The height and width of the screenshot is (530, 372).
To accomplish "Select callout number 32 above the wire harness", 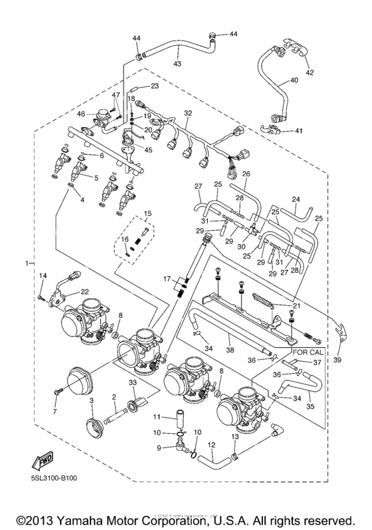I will click(x=188, y=114).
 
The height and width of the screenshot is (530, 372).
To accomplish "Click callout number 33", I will click(x=133, y=383).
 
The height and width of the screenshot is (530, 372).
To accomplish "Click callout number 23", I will click(x=154, y=86).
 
